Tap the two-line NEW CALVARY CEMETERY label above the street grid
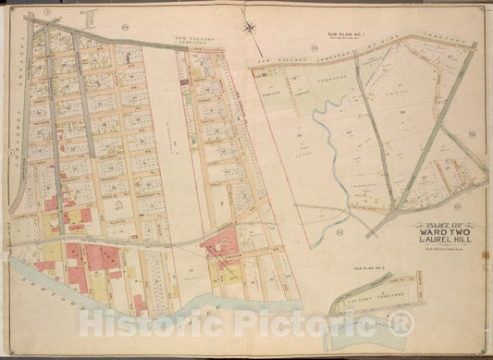[196, 42]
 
